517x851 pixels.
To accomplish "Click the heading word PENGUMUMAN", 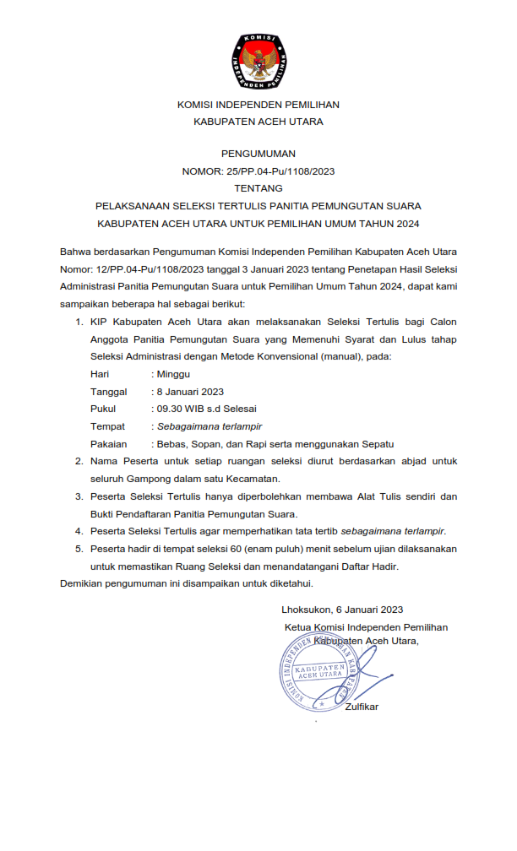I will pyautogui.click(x=258, y=154).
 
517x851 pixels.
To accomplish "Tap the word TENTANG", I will pyautogui.click(x=258, y=188).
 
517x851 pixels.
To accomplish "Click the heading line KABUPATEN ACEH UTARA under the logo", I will pyautogui.click(x=258, y=122).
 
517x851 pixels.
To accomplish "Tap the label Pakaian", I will pyautogui.click(x=108, y=443).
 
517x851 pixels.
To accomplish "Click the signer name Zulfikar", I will pyautogui.click(x=362, y=707).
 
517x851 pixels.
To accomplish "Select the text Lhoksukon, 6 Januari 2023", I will pyautogui.click(x=342, y=610).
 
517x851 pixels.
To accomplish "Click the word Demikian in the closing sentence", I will pyautogui.click(x=83, y=583).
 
